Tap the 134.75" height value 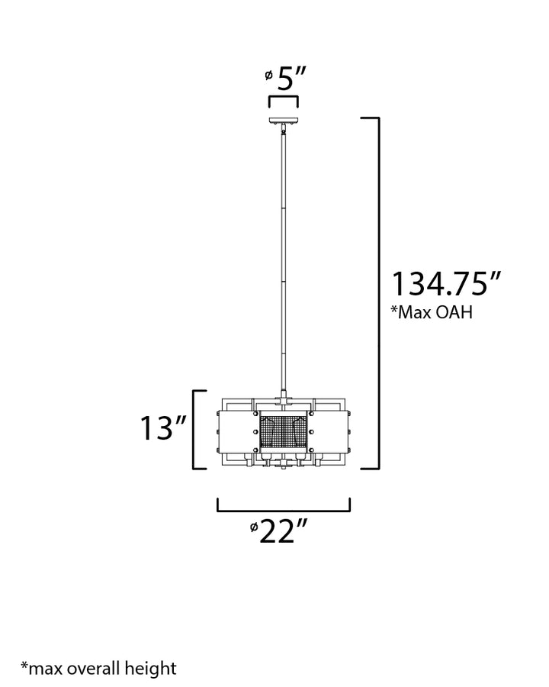tap(445, 284)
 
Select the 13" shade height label tap(163, 428)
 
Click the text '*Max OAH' tap(432, 312)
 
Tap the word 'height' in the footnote tap(150, 669)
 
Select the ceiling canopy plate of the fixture tap(283, 121)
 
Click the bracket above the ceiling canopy tap(283, 101)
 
